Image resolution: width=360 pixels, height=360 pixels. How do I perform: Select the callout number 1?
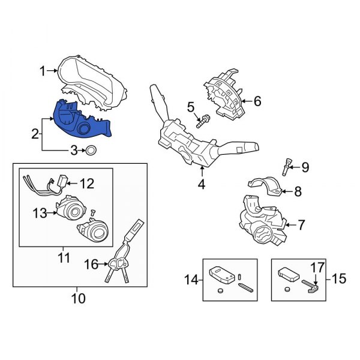pyautogui.click(x=43, y=72)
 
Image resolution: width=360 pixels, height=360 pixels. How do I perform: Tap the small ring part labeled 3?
pyautogui.click(x=92, y=150)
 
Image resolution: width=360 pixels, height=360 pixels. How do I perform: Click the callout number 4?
pyautogui.click(x=202, y=185)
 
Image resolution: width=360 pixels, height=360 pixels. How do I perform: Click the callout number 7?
pyautogui.click(x=301, y=225)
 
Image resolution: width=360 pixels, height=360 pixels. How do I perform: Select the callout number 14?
pyautogui.click(x=190, y=279)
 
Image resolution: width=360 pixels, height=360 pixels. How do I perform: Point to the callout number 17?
pyautogui.click(x=317, y=265)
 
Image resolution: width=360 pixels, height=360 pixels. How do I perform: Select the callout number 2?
pyautogui.click(x=35, y=132)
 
